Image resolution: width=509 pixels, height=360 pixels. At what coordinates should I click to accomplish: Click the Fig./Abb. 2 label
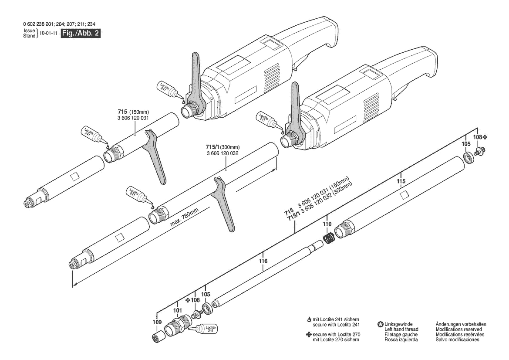81,33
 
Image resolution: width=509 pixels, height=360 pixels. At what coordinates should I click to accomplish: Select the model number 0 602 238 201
41,24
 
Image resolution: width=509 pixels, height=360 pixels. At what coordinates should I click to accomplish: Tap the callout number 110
327,224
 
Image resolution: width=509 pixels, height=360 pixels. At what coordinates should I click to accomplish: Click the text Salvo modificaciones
457,340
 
